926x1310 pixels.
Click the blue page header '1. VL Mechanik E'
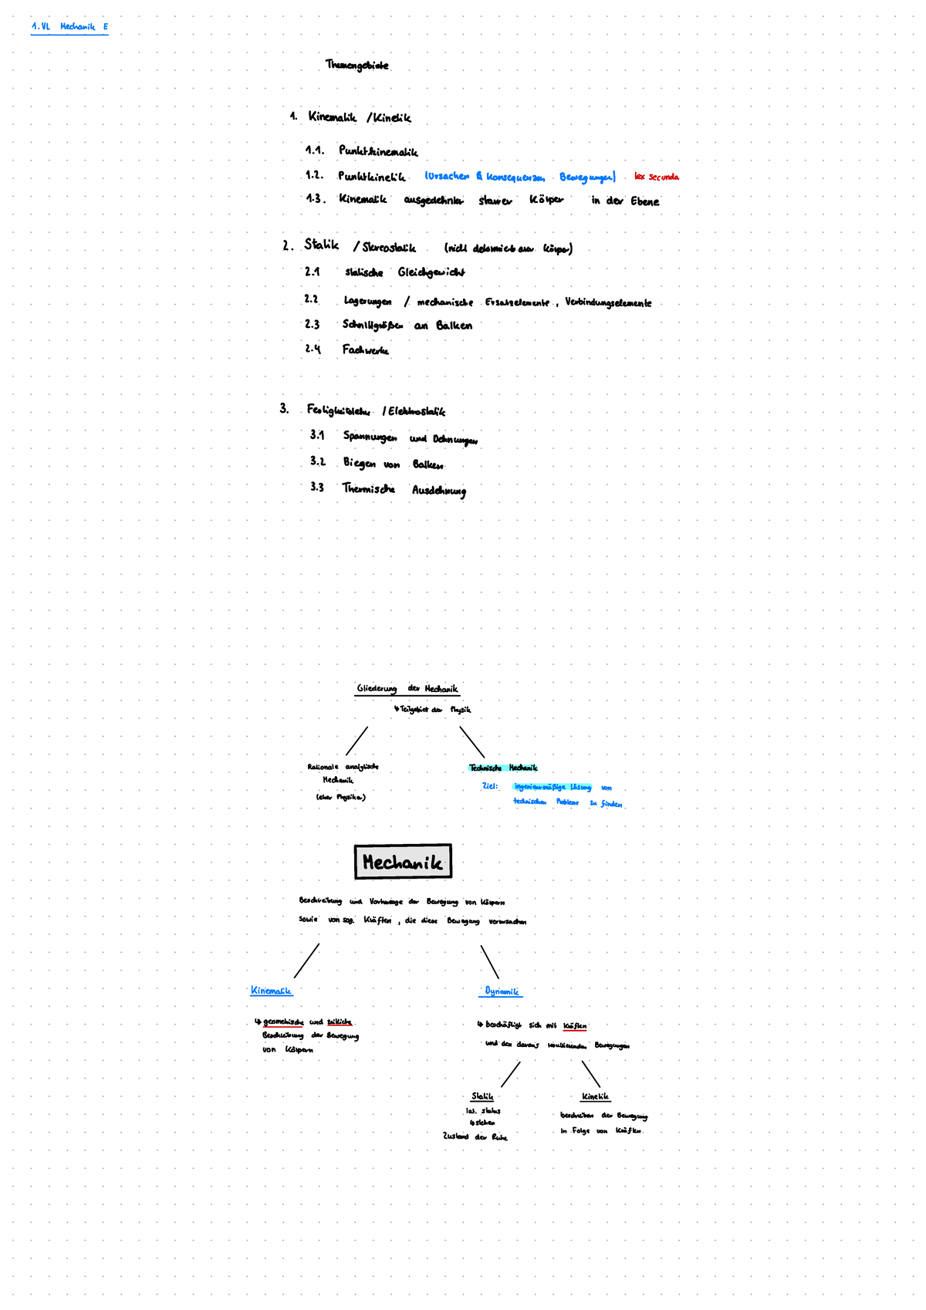pyautogui.click(x=69, y=27)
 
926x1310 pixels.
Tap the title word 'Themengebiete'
pyautogui.click(x=357, y=66)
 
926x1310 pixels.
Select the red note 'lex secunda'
pyautogui.click(x=656, y=177)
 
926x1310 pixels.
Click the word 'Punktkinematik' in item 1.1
pyautogui.click(x=378, y=152)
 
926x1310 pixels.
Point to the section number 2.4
pyautogui.click(x=313, y=349)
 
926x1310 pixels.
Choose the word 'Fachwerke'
pyautogui.click(x=366, y=350)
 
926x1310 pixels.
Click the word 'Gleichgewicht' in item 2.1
pyautogui.click(x=431, y=272)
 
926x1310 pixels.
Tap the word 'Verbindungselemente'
pyautogui.click(x=608, y=302)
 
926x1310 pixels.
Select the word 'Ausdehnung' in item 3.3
pyautogui.click(x=439, y=490)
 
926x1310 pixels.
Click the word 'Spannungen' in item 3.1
pyautogui.click(x=370, y=437)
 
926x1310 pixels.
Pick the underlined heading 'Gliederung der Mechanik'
pyautogui.click(x=407, y=689)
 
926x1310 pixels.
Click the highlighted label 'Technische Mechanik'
pyautogui.click(x=503, y=768)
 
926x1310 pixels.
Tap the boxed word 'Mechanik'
pyautogui.click(x=403, y=862)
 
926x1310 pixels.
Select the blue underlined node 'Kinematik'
pyautogui.click(x=271, y=991)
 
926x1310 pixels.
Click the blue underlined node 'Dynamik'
pyautogui.click(x=502, y=991)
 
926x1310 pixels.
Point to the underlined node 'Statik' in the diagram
pyautogui.click(x=482, y=1096)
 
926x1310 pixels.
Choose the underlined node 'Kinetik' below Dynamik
pyautogui.click(x=595, y=1096)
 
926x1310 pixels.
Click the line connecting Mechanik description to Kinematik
pyautogui.click(x=306, y=961)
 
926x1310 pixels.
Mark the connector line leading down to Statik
pyautogui.click(x=510, y=1075)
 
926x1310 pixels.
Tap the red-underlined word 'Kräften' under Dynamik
pyautogui.click(x=575, y=1026)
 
